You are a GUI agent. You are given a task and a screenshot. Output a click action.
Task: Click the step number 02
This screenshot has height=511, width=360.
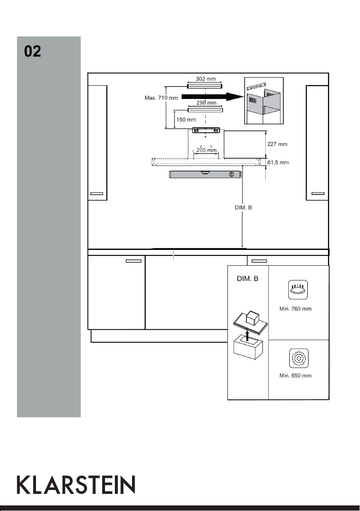[33, 51]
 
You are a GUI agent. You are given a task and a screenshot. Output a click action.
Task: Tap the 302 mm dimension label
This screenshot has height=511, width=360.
[206, 79]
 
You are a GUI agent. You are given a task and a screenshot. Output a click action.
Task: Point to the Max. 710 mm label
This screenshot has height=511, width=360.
[161, 98]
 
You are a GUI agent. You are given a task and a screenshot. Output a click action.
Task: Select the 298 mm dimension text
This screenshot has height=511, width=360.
[206, 102]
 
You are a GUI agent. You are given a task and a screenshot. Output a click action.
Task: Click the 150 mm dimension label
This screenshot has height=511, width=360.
[186, 120]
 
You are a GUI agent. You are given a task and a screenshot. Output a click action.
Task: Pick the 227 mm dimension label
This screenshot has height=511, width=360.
[277, 144]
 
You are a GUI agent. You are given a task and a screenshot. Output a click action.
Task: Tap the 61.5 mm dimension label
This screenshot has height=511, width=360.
[278, 162]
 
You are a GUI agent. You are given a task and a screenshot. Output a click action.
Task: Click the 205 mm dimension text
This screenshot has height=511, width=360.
[206, 150]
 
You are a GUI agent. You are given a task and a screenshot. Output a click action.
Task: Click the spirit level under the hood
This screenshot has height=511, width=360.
[205, 174]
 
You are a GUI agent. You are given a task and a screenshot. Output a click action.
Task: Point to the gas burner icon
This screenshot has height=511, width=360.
[298, 290]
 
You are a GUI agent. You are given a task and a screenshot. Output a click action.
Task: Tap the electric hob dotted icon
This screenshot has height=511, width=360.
[298, 358]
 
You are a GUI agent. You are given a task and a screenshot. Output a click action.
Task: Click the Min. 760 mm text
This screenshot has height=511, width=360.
[295, 309]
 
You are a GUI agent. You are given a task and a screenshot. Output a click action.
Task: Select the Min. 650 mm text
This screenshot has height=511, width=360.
[295, 376]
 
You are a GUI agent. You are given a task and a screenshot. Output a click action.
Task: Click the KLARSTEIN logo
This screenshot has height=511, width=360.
[76, 484]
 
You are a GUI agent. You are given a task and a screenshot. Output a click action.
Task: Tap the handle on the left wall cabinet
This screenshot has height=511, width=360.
[96, 194]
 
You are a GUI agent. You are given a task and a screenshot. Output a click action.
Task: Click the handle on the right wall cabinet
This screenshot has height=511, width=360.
[318, 194]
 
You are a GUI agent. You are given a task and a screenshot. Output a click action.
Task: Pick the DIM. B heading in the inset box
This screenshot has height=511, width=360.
[248, 279]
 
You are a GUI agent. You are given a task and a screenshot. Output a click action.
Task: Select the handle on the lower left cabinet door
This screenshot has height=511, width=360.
[134, 261]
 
